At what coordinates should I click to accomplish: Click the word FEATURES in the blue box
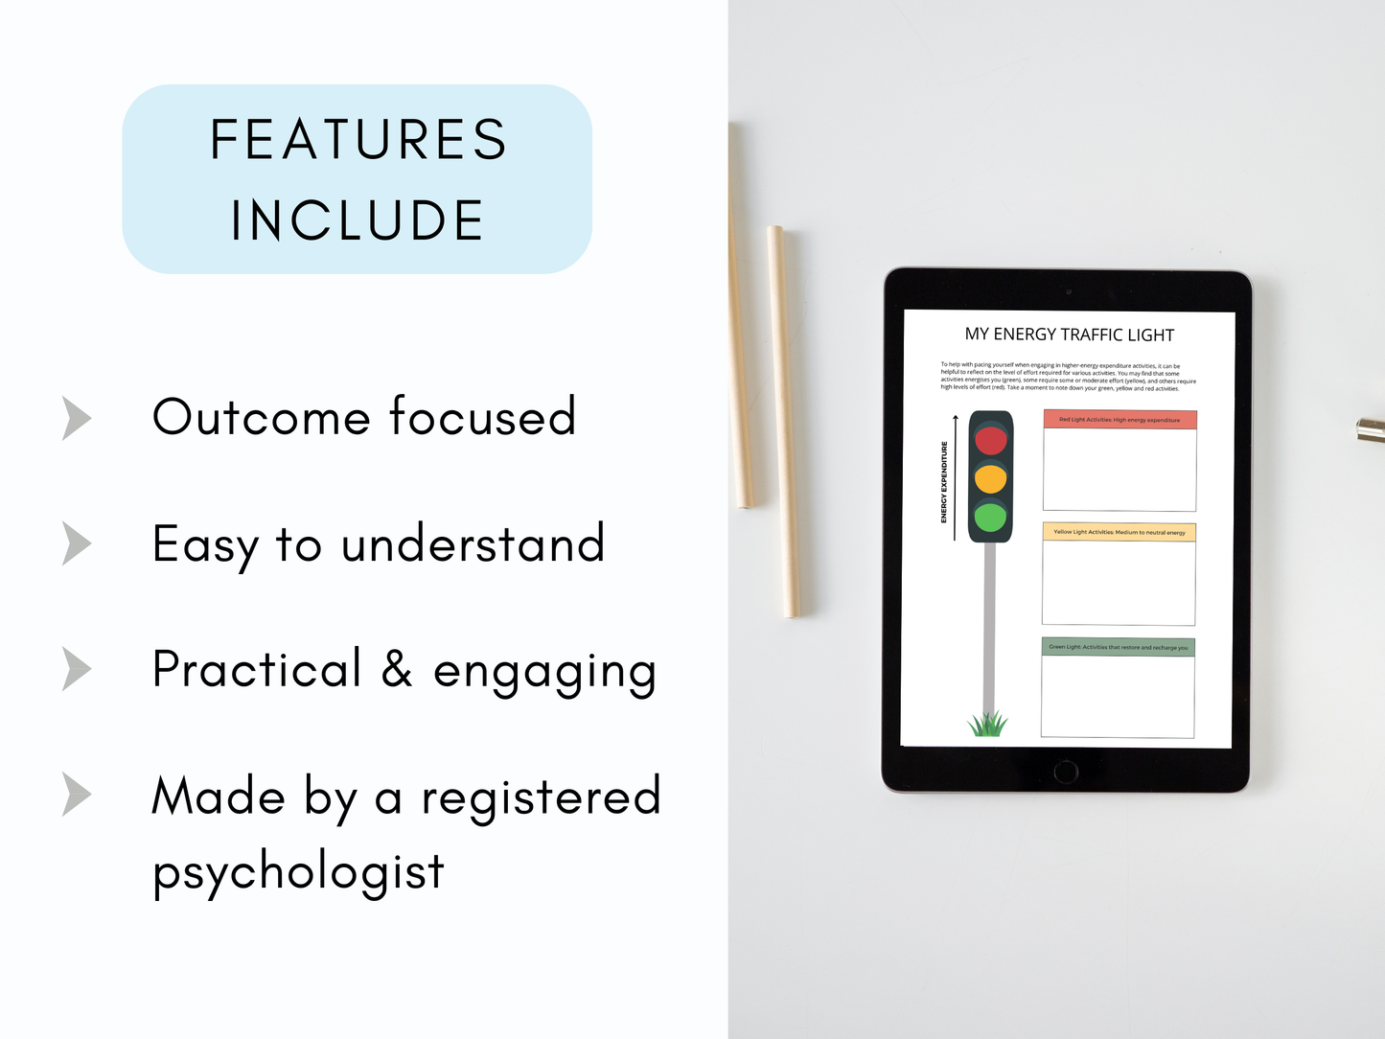click(x=358, y=140)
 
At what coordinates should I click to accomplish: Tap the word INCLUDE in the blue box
click(x=358, y=220)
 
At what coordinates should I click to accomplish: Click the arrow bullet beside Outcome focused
click(x=77, y=418)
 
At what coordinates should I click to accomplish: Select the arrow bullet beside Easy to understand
click(x=77, y=543)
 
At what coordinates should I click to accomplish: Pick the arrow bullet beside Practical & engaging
click(x=77, y=669)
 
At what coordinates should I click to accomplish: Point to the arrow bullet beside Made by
click(x=77, y=795)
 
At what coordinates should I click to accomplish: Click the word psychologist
click(x=298, y=872)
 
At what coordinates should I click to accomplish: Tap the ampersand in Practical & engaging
click(x=397, y=669)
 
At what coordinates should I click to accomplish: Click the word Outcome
click(x=261, y=418)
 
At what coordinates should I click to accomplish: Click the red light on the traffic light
click(x=991, y=440)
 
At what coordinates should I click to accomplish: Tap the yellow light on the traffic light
click(x=991, y=478)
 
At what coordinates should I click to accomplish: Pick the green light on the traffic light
click(x=990, y=518)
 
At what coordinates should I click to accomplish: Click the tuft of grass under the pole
click(x=987, y=724)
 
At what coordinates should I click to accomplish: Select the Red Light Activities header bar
click(x=1120, y=420)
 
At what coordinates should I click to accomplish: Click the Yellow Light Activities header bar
click(x=1119, y=532)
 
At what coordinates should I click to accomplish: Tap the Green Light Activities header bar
click(x=1118, y=647)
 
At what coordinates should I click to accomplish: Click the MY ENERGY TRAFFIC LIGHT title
click(x=1069, y=335)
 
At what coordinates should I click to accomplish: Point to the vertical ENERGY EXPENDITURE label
click(x=944, y=482)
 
